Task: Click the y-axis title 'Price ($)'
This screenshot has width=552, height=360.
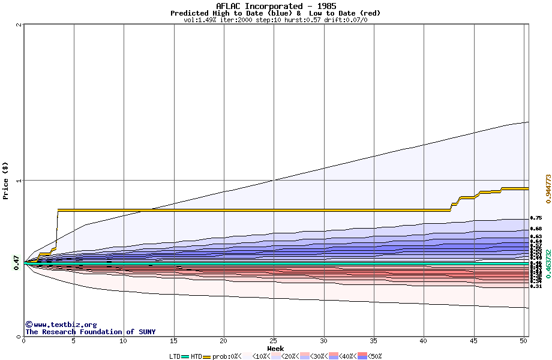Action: click(x=6, y=181)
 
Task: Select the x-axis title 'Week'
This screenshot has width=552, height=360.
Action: click(x=275, y=349)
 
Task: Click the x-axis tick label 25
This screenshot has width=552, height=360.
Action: click(x=274, y=341)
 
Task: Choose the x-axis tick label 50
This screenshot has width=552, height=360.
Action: click(x=524, y=341)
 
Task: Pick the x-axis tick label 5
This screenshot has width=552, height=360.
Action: click(x=74, y=341)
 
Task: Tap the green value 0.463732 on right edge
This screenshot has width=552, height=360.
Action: click(x=548, y=264)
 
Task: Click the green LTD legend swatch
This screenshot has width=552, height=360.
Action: click(x=185, y=356)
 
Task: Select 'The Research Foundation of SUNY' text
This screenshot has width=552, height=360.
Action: click(x=90, y=332)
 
